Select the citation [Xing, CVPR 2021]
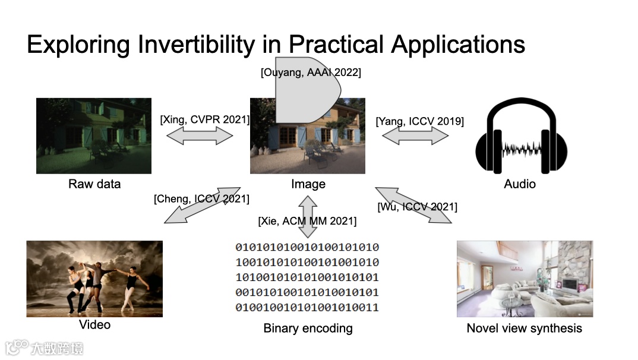click(x=204, y=119)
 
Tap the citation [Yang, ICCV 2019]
click(x=419, y=121)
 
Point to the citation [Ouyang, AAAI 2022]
click(x=311, y=72)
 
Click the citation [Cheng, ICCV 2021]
click(x=201, y=198)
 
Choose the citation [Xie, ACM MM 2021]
click(x=307, y=221)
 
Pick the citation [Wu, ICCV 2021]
click(x=417, y=207)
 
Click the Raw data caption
click(x=94, y=184)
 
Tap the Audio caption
click(x=520, y=184)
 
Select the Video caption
click(x=94, y=324)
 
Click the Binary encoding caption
click(x=308, y=328)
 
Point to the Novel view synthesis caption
click(x=524, y=328)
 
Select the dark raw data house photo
click(x=94, y=136)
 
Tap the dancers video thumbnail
click(x=94, y=279)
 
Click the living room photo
click(x=525, y=279)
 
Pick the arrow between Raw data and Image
click(x=200, y=136)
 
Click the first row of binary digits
click(x=307, y=247)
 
